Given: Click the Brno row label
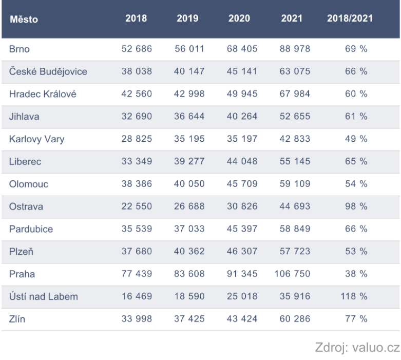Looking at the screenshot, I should [20, 49].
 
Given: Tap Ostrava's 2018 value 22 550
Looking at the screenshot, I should [136, 206].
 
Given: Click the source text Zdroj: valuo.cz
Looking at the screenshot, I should [359, 349].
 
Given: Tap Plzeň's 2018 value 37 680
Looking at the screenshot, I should [136, 252].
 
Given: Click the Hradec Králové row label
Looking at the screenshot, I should [43, 94].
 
